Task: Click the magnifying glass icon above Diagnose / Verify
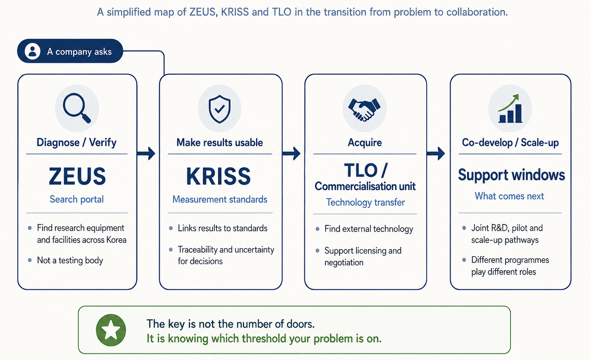[76, 108]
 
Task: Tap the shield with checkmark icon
[219, 109]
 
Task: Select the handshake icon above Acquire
[364, 110]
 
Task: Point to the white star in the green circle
[111, 330]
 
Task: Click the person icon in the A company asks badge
[32, 51]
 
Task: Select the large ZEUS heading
[77, 176]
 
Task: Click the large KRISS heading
[218, 176]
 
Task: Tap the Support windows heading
[511, 175]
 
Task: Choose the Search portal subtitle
[76, 199]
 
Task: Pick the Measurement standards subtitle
[220, 199]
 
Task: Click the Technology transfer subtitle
[366, 202]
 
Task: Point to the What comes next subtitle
[509, 196]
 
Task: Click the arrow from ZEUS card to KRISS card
[146, 154]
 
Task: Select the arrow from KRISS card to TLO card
[291, 154]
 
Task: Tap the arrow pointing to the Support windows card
[436, 154]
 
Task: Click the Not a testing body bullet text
[70, 261]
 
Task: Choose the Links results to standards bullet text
[223, 228]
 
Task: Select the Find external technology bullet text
[369, 229]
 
